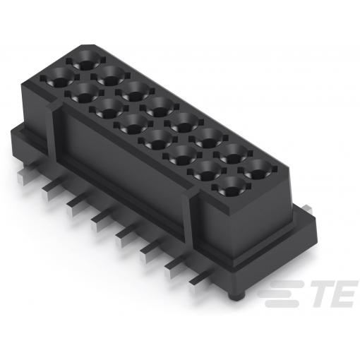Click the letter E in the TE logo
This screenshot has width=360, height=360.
pos(345,294)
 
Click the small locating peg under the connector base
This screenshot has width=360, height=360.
pos(237,296)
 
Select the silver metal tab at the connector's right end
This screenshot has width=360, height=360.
pos(307,209)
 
